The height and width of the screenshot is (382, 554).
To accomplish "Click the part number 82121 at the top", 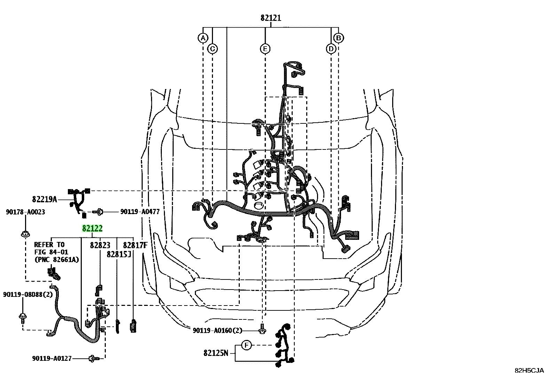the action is pos(271,18).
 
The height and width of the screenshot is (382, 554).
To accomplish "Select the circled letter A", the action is pos(203,38).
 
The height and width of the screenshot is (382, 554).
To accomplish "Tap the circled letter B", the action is pos(338,38).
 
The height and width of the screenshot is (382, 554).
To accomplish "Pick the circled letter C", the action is pos(213,49).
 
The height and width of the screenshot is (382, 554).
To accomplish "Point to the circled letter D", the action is pos(331,49).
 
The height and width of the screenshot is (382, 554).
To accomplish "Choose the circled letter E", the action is pos(265,49).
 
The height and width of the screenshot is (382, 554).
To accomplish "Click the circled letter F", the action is pos(246,345).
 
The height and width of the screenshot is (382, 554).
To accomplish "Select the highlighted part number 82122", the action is pos(92,228).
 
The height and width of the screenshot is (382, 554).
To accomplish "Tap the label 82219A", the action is pos(45,199).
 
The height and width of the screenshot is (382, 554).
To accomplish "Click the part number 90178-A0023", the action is pos(25,212).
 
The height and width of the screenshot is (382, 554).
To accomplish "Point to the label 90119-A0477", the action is pos(140,212).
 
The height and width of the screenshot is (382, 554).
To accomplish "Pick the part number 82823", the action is pos(100,245).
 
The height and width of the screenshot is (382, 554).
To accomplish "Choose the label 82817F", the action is pos(135,245).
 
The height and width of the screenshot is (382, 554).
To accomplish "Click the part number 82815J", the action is pos(119,254).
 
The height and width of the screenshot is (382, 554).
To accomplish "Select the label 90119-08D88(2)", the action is pos(28,294).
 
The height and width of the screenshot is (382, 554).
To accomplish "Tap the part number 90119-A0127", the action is pos(52,358).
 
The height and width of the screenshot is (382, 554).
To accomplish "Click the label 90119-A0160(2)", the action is pos(217,330).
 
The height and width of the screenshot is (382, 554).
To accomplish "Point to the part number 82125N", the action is pos(216,353).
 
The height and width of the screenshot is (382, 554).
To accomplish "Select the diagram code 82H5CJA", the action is pos(529,371).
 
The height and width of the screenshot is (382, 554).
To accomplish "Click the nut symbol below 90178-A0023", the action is pos(25,234).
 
